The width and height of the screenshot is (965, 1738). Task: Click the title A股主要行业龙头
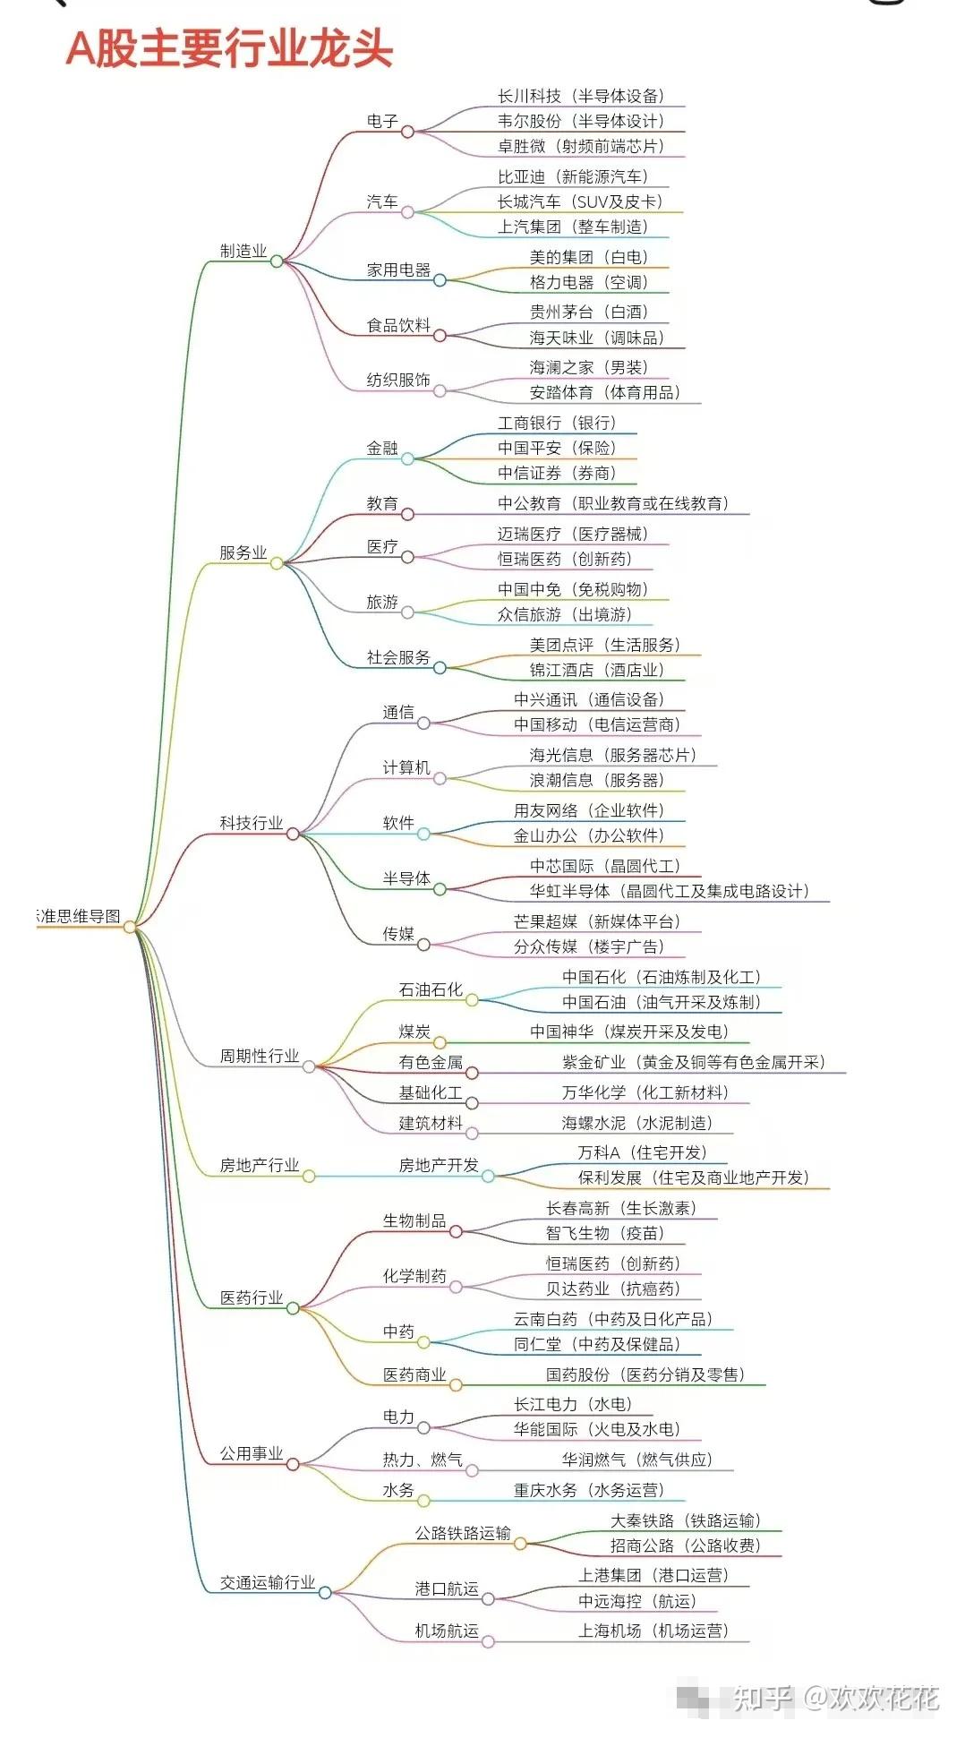tap(230, 49)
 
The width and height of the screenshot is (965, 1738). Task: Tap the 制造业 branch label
tap(243, 252)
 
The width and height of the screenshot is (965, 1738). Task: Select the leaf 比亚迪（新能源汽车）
tap(573, 177)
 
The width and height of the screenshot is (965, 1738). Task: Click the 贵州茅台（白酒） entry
tap(588, 312)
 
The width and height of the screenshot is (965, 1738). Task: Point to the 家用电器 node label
tap(398, 270)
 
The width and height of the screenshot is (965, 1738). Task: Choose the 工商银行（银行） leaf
tap(557, 423)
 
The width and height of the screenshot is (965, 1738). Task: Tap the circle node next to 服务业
tap(277, 563)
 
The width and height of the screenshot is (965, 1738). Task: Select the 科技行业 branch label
tap(252, 823)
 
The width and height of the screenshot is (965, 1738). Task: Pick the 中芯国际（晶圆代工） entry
tap(605, 866)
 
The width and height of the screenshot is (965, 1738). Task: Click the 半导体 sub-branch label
tap(406, 878)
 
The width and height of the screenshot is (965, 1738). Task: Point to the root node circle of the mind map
tap(130, 927)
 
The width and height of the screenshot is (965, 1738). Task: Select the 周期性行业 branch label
tap(260, 1057)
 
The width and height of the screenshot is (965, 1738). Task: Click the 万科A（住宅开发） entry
tap(642, 1152)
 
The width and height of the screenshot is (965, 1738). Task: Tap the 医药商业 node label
tap(414, 1374)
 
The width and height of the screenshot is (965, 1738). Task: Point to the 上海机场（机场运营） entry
tap(653, 1631)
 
